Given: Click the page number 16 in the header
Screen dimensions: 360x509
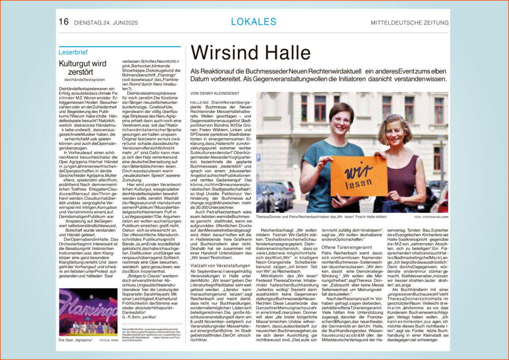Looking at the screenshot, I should [64, 21].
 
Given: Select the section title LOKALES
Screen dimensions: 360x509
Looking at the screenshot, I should [254, 21].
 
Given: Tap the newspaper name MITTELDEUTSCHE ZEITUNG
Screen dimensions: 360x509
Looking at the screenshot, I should [409, 22].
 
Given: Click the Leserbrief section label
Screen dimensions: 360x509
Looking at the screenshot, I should [73, 52].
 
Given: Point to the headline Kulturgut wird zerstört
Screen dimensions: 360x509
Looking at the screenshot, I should [83, 68].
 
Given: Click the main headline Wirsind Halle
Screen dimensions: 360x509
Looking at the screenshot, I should [251, 52].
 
